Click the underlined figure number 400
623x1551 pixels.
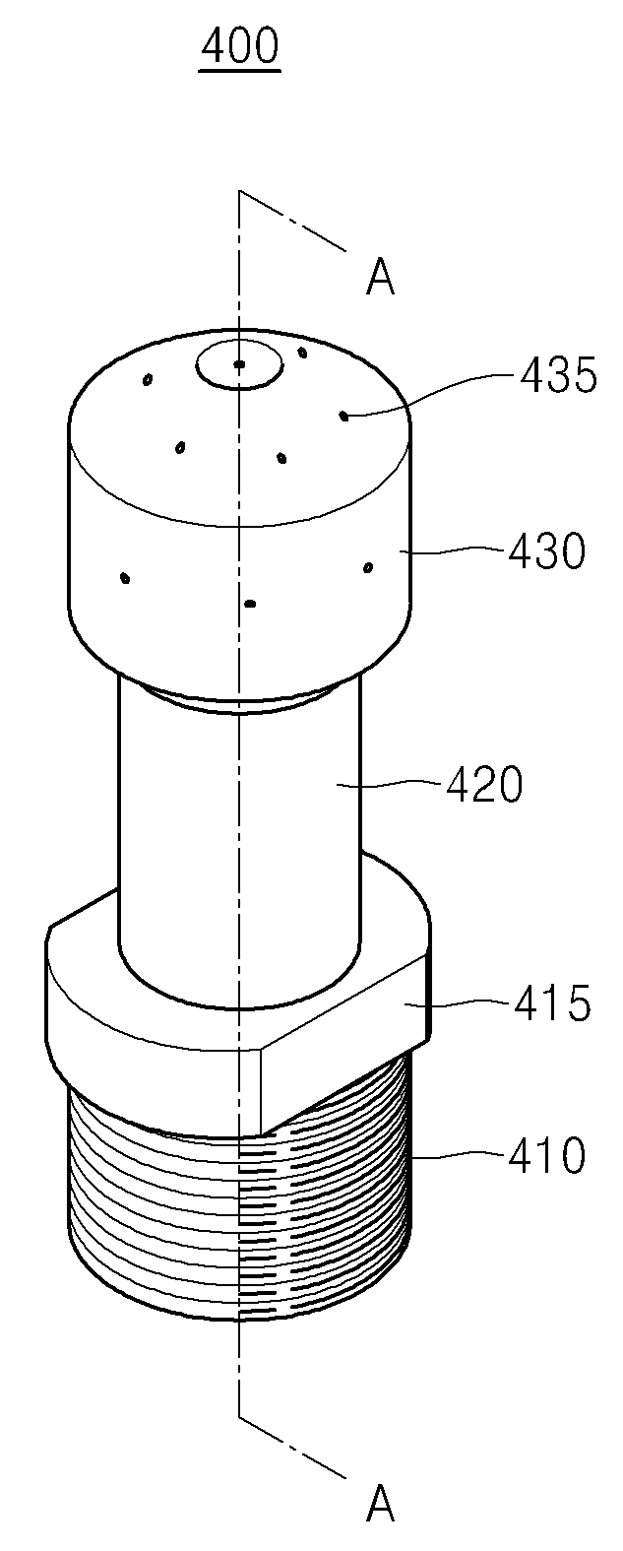click(239, 48)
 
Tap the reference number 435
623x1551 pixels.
click(559, 376)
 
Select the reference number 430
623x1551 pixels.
click(547, 551)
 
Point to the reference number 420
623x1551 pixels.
click(484, 785)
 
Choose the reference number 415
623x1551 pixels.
click(552, 1003)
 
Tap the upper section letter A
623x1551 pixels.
click(380, 277)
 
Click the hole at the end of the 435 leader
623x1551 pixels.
click(343, 416)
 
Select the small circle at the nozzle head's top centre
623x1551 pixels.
click(239, 364)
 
